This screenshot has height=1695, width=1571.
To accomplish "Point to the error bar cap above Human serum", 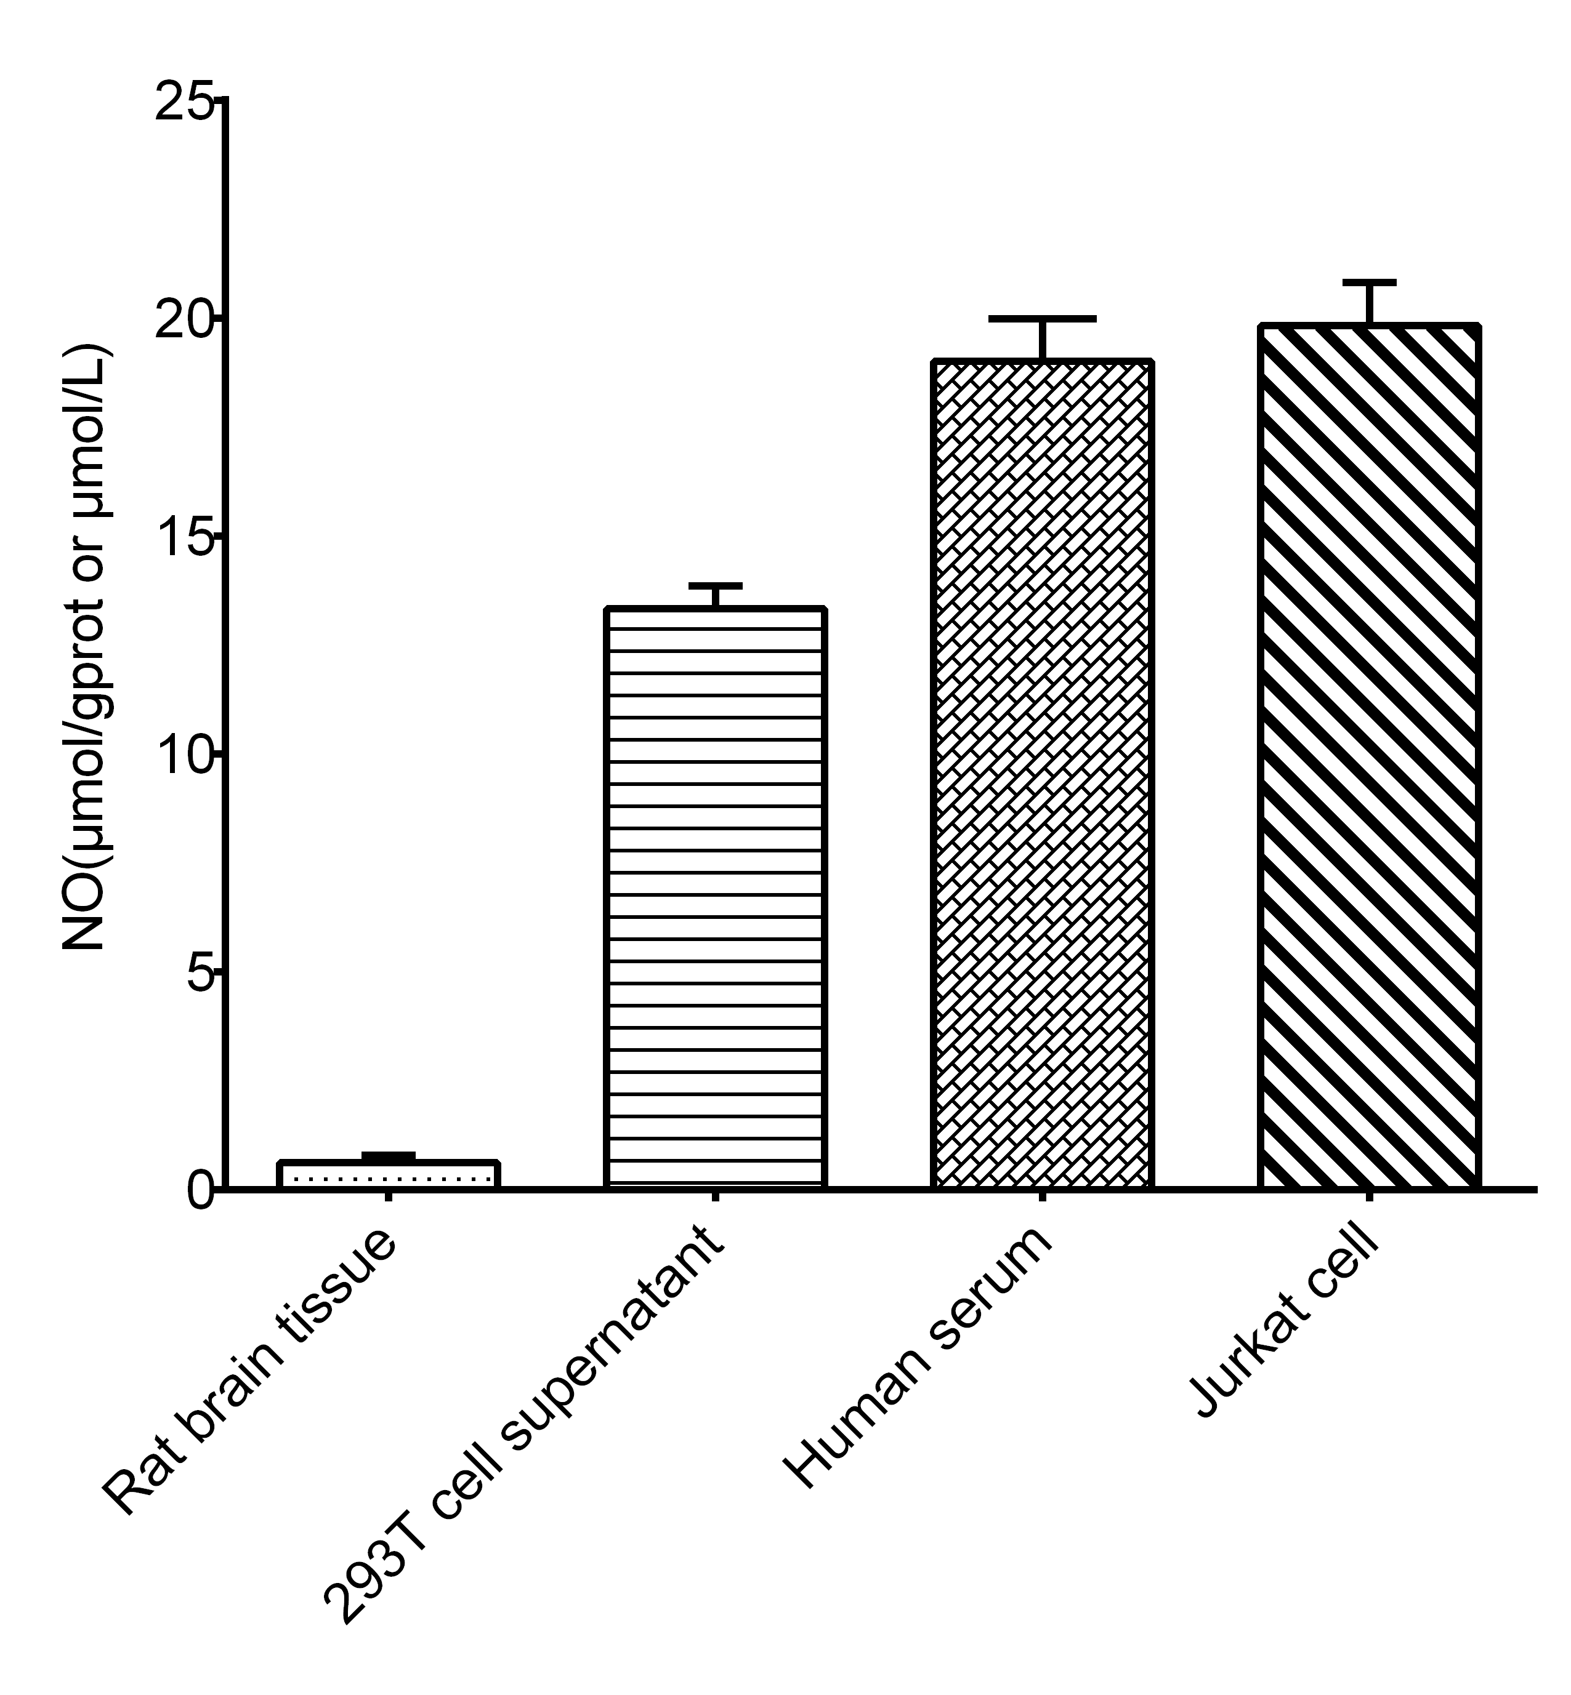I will click(1042, 319).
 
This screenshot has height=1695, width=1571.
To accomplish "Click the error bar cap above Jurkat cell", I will click(1370, 281).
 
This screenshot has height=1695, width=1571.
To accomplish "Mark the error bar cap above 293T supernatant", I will click(716, 585).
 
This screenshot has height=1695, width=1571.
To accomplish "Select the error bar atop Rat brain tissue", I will click(389, 1155).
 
